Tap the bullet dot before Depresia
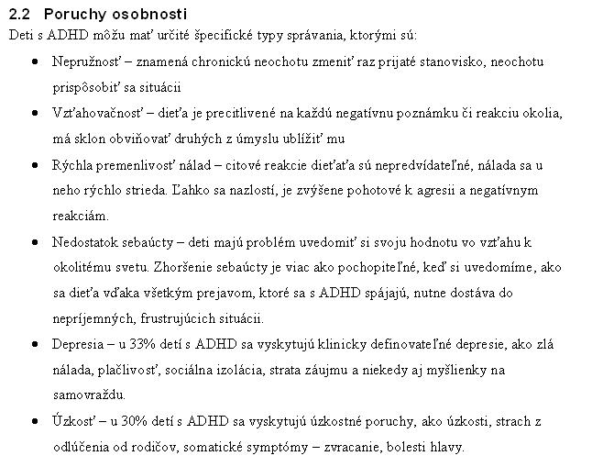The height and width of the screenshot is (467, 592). click(35, 345)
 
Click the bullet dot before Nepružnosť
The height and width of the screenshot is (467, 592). click(35, 62)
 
